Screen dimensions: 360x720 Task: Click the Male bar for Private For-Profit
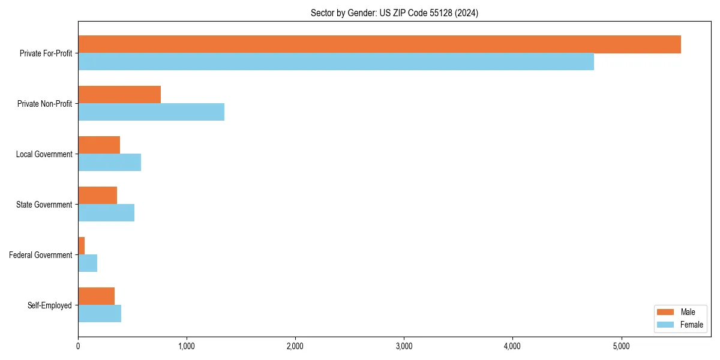coord(379,44)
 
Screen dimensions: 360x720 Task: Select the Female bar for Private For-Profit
coord(336,62)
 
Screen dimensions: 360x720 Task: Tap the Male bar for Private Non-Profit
coord(119,95)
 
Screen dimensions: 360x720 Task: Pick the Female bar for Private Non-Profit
coord(151,112)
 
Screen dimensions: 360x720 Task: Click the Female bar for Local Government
coord(109,163)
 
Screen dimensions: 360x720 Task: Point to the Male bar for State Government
coord(97,196)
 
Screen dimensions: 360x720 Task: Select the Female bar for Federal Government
coord(88,263)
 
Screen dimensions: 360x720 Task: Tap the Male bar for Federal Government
coord(82,246)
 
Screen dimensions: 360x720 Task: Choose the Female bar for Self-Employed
coord(100,314)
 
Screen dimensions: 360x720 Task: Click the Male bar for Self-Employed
coord(96,296)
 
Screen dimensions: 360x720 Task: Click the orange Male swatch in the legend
coord(666,312)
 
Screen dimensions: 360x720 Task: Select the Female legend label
coord(691,325)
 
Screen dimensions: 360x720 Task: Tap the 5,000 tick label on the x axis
coord(621,346)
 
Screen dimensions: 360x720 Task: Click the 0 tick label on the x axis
coord(78,346)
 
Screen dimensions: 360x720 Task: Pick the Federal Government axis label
coord(41,255)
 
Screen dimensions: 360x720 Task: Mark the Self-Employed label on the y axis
coord(50,305)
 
